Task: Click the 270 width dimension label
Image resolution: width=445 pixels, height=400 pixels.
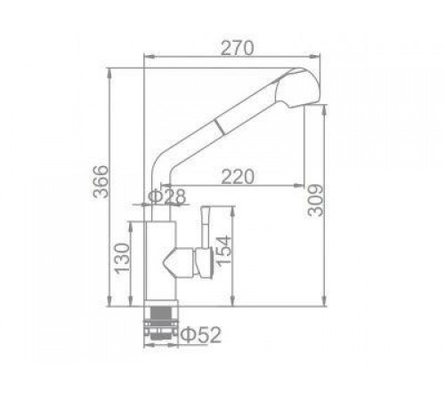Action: pos(238,48)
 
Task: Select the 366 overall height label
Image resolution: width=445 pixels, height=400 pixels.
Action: pos(101,181)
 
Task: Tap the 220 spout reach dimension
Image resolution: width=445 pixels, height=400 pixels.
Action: pos(238,177)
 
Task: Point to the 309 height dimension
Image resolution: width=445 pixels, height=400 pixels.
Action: pos(316,200)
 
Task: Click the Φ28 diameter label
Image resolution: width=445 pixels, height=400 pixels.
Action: pos(166,196)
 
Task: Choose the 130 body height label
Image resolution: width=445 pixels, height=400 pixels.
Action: pos(123,258)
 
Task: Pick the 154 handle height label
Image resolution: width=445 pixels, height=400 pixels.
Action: pos(223,251)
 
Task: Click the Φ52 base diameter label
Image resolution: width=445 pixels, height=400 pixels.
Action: pos(201,335)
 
